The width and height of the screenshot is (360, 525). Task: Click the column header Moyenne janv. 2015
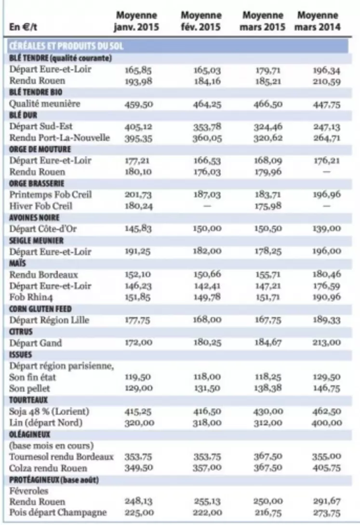136,21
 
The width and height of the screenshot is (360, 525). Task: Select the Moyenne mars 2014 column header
317,21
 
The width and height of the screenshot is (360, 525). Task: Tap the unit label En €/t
23,27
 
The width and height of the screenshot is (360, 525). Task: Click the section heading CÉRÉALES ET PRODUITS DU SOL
66,46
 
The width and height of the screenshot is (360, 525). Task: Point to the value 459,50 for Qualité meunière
139,104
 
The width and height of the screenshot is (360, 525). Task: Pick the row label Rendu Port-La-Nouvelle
60,137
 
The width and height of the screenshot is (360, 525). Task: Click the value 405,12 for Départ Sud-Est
138,127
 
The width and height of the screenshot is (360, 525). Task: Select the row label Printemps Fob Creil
51,195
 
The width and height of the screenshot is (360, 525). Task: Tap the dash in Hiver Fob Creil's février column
207,206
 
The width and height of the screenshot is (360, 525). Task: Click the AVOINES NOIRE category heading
34,217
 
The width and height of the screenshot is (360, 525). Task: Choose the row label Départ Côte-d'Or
43,229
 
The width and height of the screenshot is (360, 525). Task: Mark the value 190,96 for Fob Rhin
327,296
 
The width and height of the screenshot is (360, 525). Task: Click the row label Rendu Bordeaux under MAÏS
43,275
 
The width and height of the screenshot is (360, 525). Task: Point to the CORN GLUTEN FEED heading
40,309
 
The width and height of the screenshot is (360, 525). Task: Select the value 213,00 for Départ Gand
327,342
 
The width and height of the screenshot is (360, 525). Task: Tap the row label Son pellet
29,389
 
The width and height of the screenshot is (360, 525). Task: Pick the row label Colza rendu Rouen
48,468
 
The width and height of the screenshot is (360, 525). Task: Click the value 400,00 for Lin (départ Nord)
327,423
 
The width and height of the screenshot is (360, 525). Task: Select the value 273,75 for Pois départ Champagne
327,512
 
